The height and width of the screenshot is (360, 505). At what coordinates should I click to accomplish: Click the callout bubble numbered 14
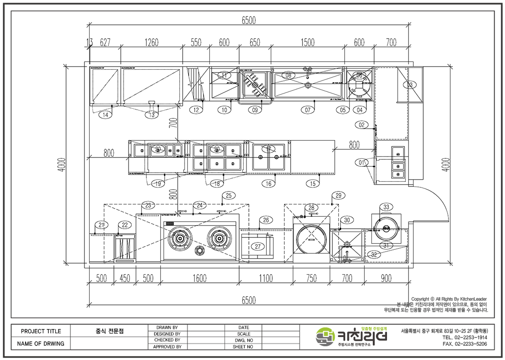pyautogui.click(x=106, y=115)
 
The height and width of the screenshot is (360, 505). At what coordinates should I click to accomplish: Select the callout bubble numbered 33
pyautogui.click(x=386, y=207)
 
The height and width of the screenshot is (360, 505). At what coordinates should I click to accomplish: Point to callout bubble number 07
pyautogui.click(x=308, y=110)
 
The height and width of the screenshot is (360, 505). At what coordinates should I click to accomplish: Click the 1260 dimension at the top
pyautogui.click(x=151, y=43)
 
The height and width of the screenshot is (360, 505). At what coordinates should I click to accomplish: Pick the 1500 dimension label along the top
pyautogui.click(x=308, y=43)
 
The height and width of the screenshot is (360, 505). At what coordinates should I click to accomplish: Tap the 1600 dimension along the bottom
pyautogui.click(x=200, y=278)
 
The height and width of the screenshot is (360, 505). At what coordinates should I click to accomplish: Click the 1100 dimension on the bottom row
pyautogui.click(x=266, y=278)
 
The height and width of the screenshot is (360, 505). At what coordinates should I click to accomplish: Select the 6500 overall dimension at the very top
pyautogui.click(x=249, y=20)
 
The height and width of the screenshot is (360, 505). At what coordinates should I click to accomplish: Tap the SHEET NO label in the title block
pyautogui.click(x=243, y=347)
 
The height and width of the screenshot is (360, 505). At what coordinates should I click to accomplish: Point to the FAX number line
pyautogui.click(x=464, y=344)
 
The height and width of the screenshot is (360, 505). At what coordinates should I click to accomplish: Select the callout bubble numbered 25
pyautogui.click(x=230, y=196)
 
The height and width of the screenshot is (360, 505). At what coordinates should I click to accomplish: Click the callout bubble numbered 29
pyautogui.click(x=338, y=196)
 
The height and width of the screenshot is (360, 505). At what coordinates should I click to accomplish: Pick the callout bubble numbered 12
pyautogui.click(x=197, y=110)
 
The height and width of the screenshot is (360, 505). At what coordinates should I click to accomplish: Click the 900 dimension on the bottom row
pyautogui.click(x=387, y=278)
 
